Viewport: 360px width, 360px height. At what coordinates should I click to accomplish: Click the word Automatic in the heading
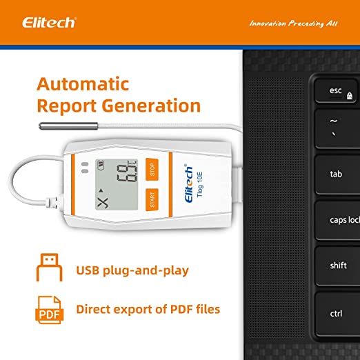[83, 85]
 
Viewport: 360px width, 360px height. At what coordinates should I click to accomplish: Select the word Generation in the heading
[157, 106]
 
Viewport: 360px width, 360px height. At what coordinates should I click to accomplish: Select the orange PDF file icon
[49, 309]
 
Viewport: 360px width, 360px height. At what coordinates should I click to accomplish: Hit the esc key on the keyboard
[337, 91]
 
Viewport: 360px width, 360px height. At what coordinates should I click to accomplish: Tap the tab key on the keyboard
[337, 174]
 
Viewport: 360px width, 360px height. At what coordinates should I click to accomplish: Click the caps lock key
[342, 220]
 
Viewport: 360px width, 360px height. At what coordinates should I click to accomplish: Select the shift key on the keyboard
[338, 266]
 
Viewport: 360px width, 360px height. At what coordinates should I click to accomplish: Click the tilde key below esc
[337, 128]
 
